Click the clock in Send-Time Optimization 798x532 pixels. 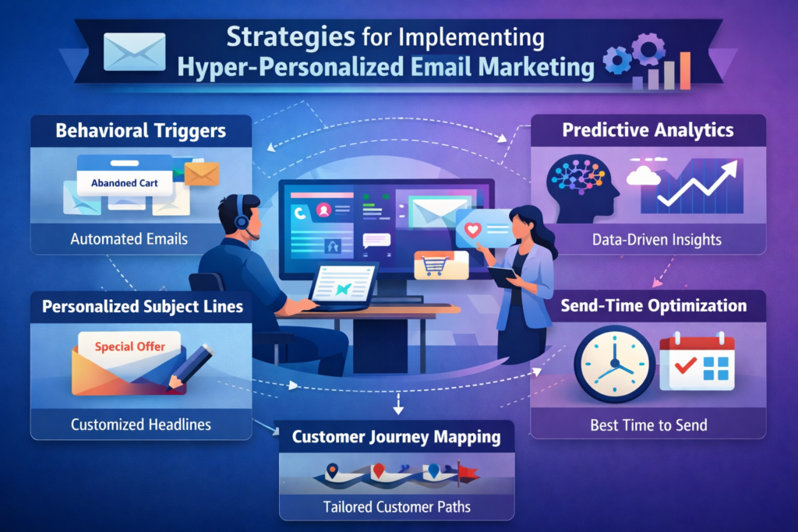614,363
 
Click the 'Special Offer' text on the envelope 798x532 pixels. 130,346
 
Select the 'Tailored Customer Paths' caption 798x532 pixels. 397,507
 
